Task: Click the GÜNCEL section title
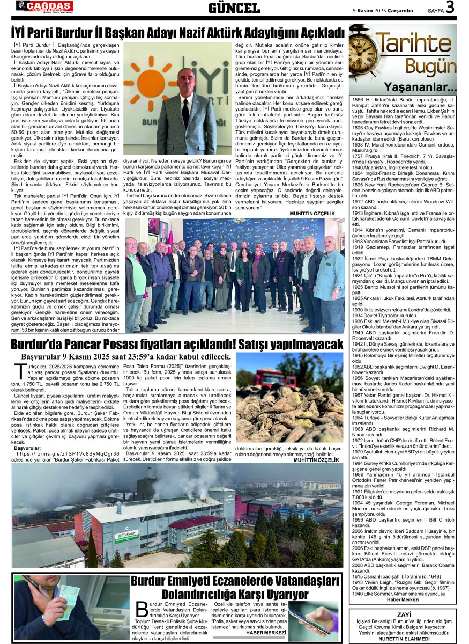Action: (234, 9)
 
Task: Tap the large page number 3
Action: (450, 8)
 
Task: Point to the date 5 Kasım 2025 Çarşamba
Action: (383, 10)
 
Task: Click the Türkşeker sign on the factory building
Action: (126, 535)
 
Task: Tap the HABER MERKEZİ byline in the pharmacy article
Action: (266, 632)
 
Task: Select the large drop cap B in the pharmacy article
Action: (142, 610)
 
